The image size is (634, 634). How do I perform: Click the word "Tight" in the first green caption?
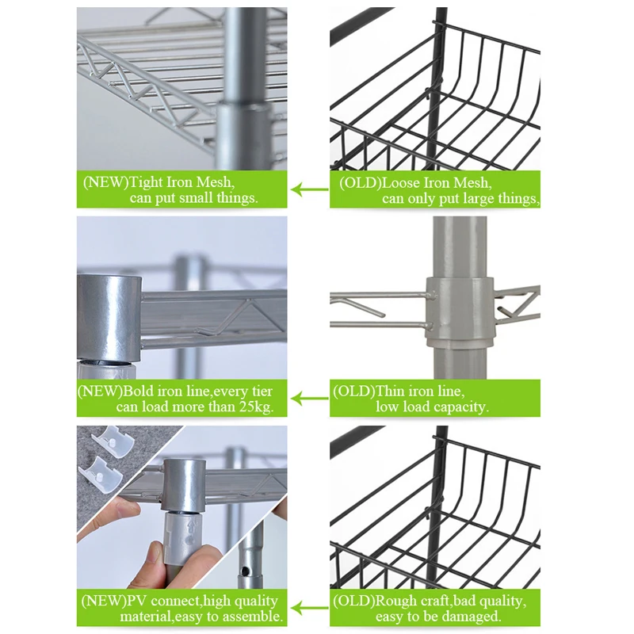pyautogui.click(x=145, y=182)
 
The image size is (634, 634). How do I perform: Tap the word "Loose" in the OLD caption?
pyautogui.click(x=401, y=183)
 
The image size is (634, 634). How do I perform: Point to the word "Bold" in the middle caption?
pyautogui.click(x=138, y=391)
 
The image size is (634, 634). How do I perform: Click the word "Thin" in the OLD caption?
pyautogui.click(x=390, y=391)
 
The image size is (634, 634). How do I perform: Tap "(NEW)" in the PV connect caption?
pyautogui.click(x=104, y=601)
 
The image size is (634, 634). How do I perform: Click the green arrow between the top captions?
pyautogui.click(x=309, y=189)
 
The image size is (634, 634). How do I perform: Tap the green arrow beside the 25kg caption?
pyautogui.click(x=309, y=399)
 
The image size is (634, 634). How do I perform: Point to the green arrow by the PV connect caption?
pyautogui.click(x=309, y=608)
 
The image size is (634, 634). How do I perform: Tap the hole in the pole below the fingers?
pyautogui.click(x=244, y=571)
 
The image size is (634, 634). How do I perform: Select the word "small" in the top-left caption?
pyautogui.click(x=196, y=197)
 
